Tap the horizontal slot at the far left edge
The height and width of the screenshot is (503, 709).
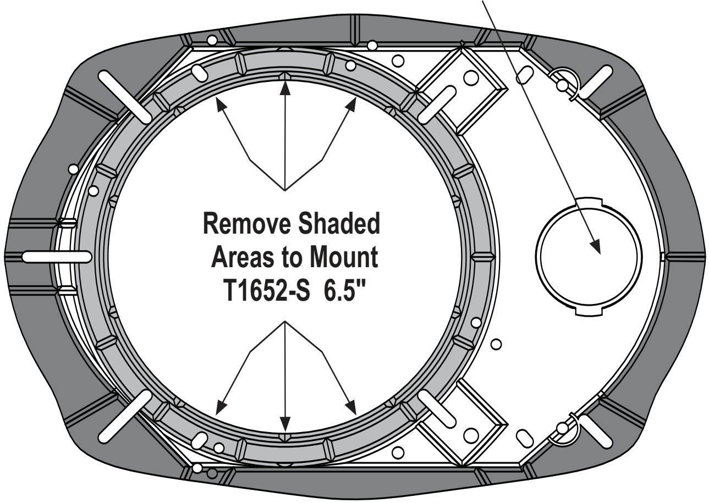(57, 256)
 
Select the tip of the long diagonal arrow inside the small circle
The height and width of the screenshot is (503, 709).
(598, 252)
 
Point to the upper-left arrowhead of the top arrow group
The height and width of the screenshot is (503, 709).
(219, 100)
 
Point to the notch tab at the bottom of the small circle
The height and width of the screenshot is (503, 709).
(590, 312)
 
